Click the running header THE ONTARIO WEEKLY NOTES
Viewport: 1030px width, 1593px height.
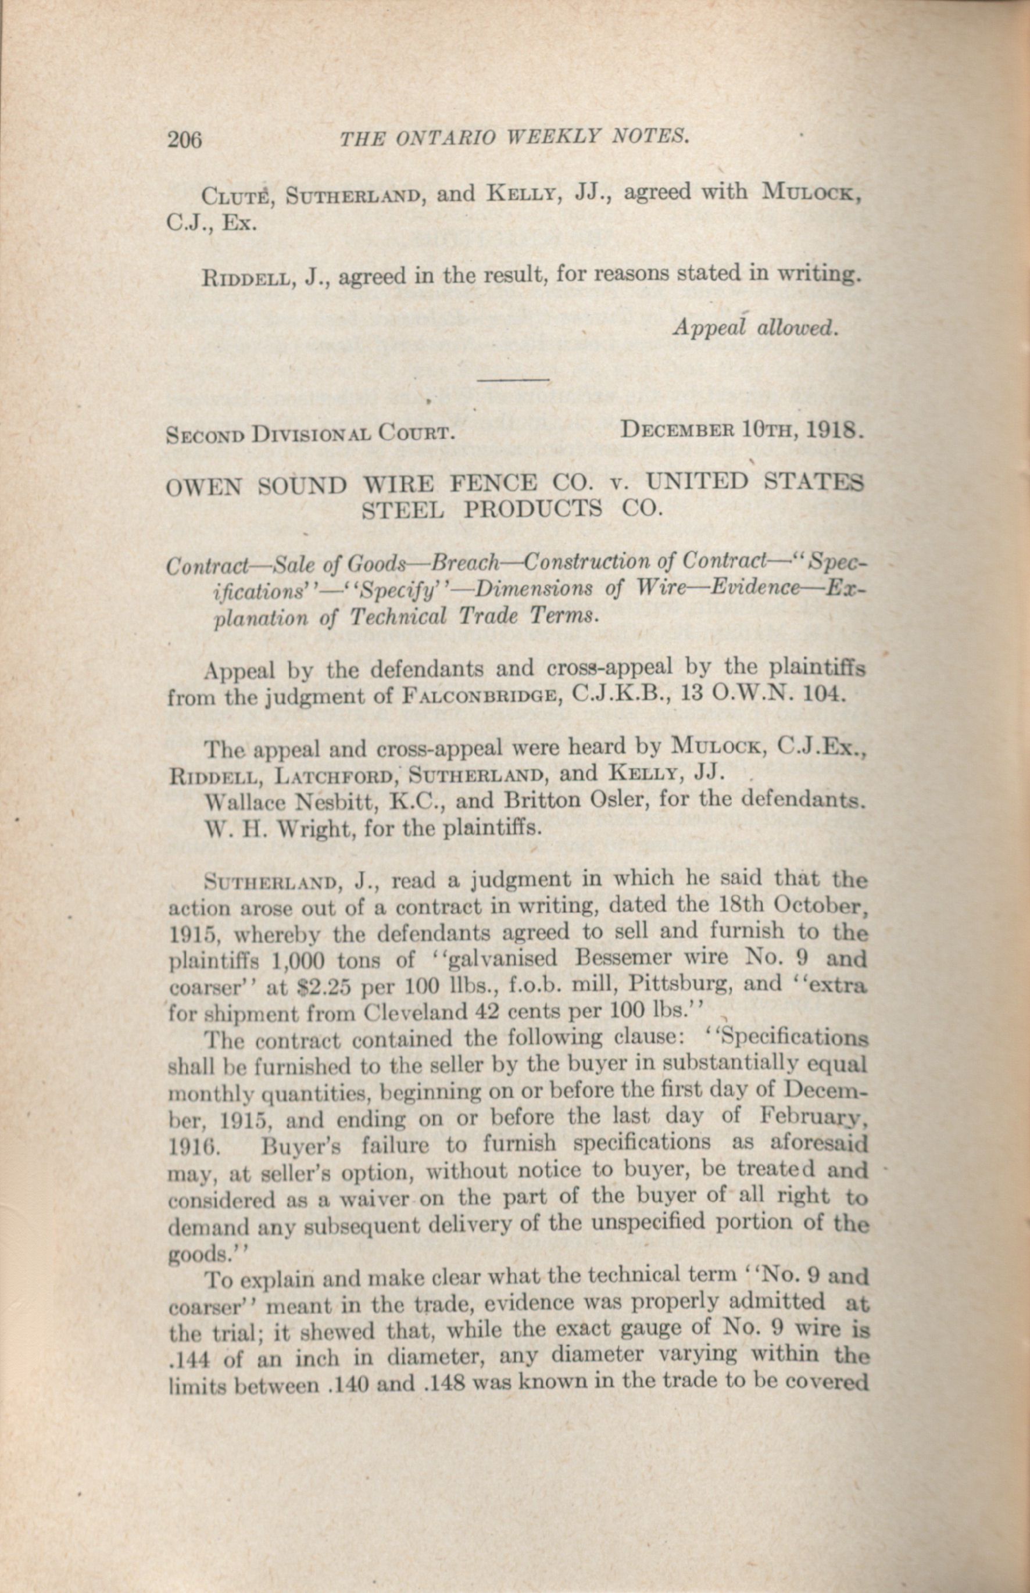click(x=514, y=137)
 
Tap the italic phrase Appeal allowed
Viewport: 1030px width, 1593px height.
click(x=755, y=327)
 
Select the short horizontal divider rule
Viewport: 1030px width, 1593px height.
click(x=514, y=381)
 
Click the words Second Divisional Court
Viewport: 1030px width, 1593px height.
click(x=311, y=434)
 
